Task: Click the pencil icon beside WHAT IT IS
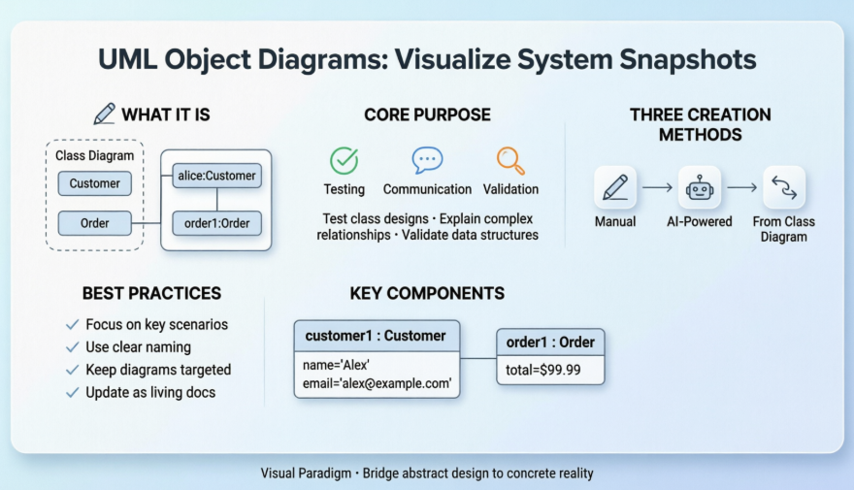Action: (x=104, y=114)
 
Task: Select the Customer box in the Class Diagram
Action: (x=95, y=183)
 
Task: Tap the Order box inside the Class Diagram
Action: (x=95, y=223)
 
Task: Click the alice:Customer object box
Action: (x=216, y=176)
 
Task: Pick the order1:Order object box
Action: (x=216, y=223)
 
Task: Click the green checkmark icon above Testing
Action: (x=344, y=160)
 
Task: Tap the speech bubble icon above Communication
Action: (x=427, y=160)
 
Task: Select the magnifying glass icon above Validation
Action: (x=510, y=159)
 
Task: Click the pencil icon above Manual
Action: (x=615, y=187)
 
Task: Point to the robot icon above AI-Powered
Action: (x=699, y=187)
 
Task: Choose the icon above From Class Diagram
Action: (x=783, y=187)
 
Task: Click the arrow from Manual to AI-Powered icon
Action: (x=657, y=187)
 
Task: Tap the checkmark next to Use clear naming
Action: (x=72, y=347)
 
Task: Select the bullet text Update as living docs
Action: (x=150, y=392)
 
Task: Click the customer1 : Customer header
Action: (x=377, y=337)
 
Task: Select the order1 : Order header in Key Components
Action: (x=550, y=343)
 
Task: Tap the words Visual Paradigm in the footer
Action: (x=304, y=474)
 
